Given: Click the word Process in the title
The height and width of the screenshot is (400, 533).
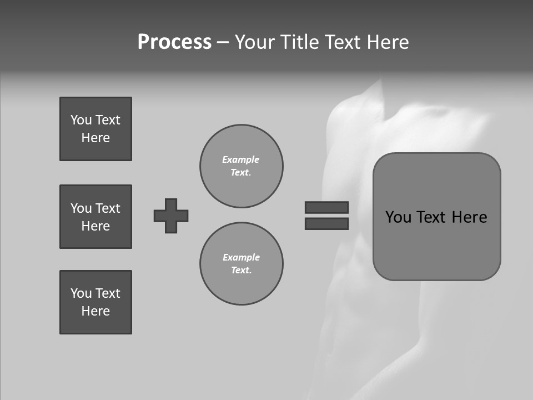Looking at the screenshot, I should (174, 42).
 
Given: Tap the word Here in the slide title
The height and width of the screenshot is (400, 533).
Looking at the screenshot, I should (388, 42).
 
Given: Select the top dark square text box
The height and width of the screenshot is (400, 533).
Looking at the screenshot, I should (95, 129).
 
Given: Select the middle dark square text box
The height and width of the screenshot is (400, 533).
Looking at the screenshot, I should (95, 217).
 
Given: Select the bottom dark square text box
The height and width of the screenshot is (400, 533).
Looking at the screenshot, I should (95, 302).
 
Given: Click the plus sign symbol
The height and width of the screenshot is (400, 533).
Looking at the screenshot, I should (171, 216).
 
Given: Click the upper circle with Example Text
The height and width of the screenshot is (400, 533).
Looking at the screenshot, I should (241, 166).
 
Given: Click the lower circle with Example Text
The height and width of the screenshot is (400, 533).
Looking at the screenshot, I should (241, 264).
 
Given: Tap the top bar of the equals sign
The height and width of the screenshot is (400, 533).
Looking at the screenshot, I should (326, 207).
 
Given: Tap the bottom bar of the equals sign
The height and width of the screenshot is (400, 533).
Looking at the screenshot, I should (326, 223).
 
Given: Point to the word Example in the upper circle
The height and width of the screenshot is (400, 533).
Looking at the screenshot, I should (241, 159).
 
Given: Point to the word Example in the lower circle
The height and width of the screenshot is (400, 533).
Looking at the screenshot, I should (241, 257).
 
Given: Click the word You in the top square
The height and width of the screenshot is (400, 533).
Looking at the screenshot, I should (81, 120).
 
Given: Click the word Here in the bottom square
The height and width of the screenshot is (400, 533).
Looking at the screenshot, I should (95, 311).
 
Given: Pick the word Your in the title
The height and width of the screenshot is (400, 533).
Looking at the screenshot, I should (255, 42).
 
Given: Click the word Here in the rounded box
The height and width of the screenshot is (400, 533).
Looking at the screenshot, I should (469, 217).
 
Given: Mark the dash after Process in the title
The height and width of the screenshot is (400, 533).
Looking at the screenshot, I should (223, 42).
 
